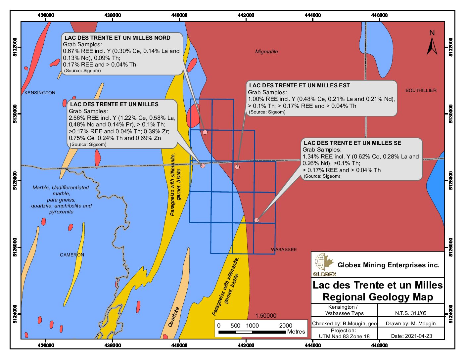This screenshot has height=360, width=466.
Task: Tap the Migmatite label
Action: click(x=266, y=52)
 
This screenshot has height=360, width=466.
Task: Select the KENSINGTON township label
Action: click(x=40, y=93)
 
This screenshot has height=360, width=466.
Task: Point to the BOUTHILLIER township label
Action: click(x=421, y=90)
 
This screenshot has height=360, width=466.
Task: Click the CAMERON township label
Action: click(x=72, y=255)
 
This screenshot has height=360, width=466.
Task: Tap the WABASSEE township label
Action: click(x=284, y=249)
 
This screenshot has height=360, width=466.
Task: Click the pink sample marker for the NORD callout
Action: click(x=205, y=132)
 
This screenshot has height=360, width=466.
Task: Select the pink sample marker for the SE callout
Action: click(x=256, y=220)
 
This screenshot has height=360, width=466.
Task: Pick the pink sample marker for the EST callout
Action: click(x=237, y=167)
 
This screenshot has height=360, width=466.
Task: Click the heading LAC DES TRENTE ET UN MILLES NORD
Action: click(x=117, y=38)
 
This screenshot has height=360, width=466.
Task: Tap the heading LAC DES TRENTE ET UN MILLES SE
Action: click(x=352, y=143)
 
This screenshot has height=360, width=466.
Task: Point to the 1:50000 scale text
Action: click(x=266, y=316)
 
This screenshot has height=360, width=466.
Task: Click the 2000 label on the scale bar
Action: click(x=286, y=326)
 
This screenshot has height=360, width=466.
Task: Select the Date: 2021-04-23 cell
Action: click(x=411, y=336)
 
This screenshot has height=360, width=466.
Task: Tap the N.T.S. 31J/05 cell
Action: click(x=411, y=313)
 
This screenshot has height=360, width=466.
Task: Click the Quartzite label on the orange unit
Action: click(x=173, y=317)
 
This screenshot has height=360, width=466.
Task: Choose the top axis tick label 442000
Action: click(x=246, y=15)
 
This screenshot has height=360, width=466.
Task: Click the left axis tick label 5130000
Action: click(x=15, y=114)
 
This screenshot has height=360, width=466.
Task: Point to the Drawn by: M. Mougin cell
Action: click(x=411, y=323)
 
